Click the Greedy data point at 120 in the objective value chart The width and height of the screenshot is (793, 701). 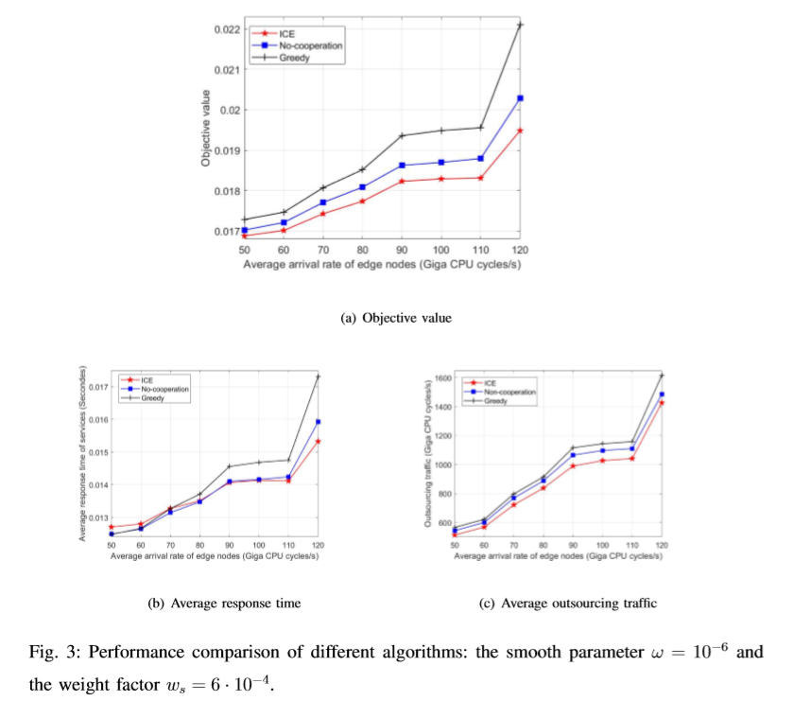click(520, 24)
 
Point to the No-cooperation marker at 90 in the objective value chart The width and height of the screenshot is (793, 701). click(402, 166)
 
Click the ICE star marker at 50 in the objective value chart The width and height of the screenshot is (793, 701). click(244, 236)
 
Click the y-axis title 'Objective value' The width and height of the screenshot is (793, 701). click(205, 129)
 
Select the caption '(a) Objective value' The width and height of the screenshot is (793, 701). click(396, 318)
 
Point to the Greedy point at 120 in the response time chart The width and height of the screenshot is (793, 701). click(318, 377)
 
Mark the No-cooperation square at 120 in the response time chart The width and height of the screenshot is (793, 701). click(318, 422)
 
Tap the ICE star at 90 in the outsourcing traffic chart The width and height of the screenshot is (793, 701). click(572, 466)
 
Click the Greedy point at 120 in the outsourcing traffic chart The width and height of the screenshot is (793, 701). click(662, 376)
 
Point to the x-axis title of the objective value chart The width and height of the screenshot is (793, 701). click(382, 264)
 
